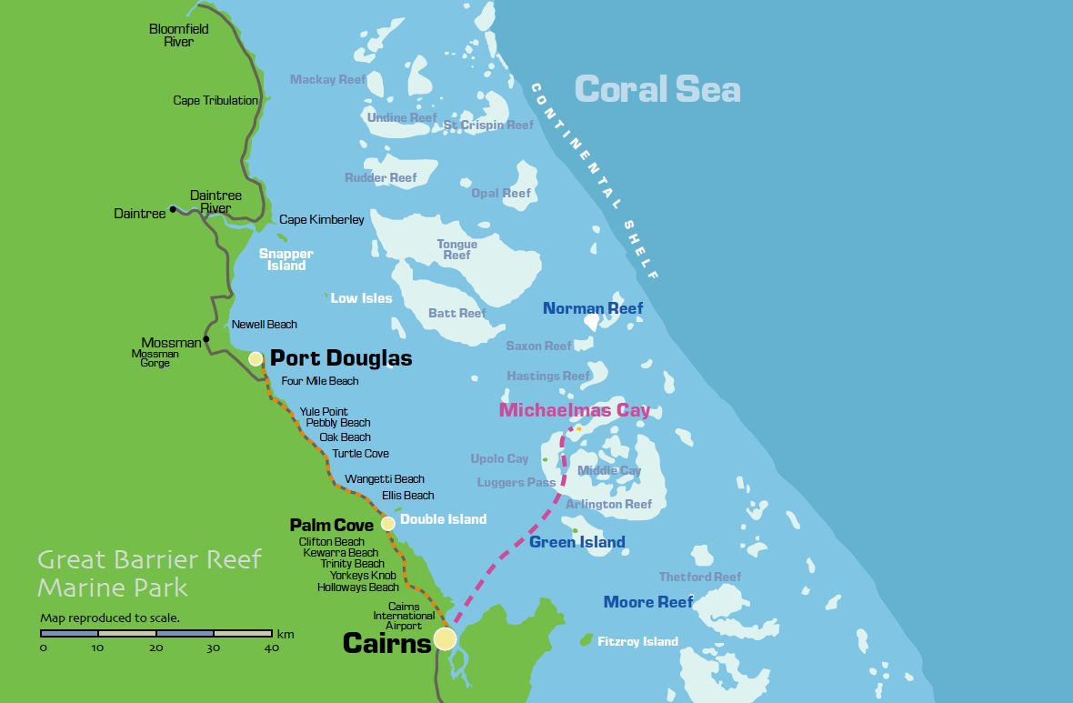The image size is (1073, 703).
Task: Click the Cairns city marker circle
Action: click(444, 638)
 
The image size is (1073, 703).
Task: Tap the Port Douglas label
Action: click(341, 358)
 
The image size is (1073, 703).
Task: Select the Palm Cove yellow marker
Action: click(388, 523)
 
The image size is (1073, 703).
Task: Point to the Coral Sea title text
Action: click(657, 90)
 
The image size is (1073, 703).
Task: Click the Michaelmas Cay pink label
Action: click(575, 410)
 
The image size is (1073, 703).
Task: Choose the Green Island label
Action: click(577, 543)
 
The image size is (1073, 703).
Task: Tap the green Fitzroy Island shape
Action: click(587, 640)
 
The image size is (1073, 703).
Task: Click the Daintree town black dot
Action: click(172, 208)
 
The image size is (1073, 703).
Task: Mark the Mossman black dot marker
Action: click(206, 339)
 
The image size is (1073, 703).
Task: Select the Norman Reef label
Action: click(592, 308)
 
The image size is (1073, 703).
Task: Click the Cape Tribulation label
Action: click(216, 101)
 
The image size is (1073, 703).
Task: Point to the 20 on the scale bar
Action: click(156, 648)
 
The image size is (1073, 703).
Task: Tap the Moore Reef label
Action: click(648, 602)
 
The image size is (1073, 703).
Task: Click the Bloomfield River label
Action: click(178, 35)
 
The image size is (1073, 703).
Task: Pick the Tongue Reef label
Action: click(456, 250)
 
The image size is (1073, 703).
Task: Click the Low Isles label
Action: click(361, 298)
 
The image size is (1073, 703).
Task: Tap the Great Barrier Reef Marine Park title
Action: click(148, 573)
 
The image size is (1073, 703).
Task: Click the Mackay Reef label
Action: click(327, 80)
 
